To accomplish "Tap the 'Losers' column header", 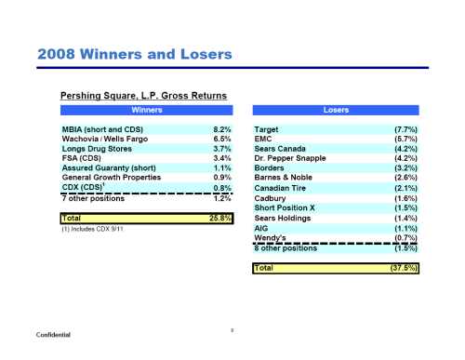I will (x=336, y=110).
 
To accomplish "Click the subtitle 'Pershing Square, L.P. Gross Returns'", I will (x=139, y=95).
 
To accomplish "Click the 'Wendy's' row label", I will (x=271, y=237).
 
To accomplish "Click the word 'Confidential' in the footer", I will (x=55, y=334).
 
